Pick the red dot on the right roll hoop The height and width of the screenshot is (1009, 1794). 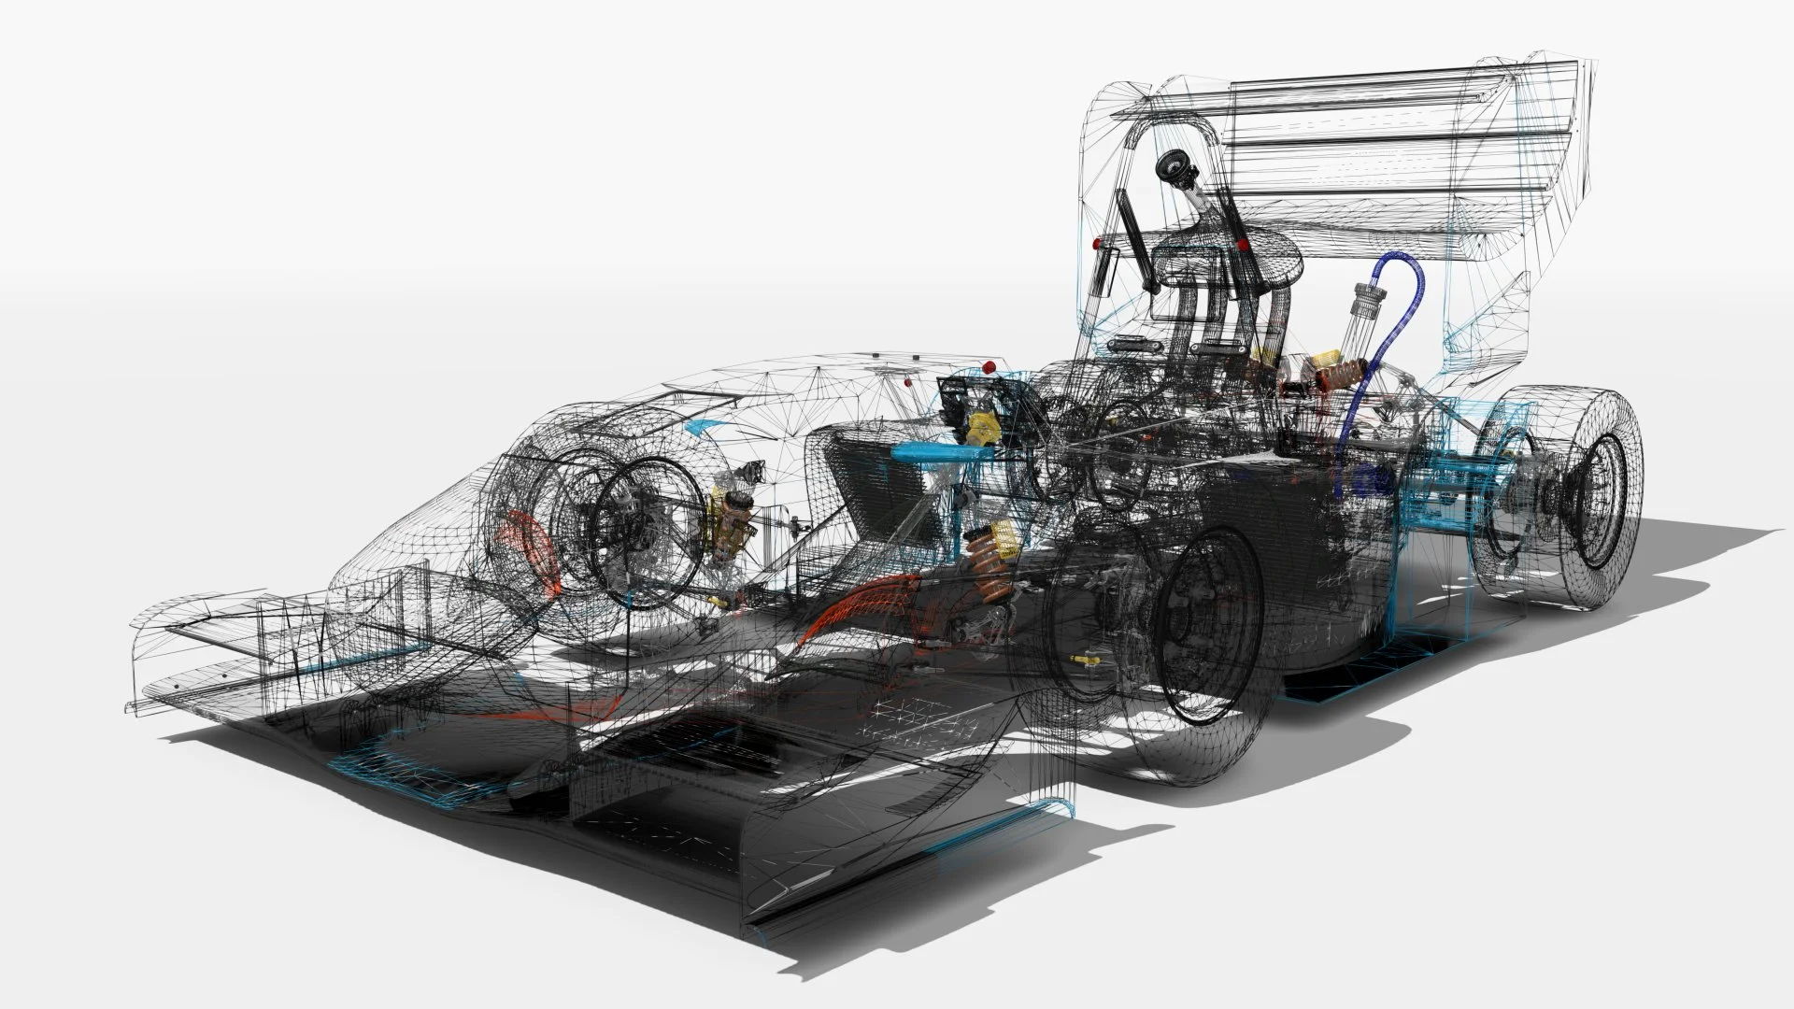1243,245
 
